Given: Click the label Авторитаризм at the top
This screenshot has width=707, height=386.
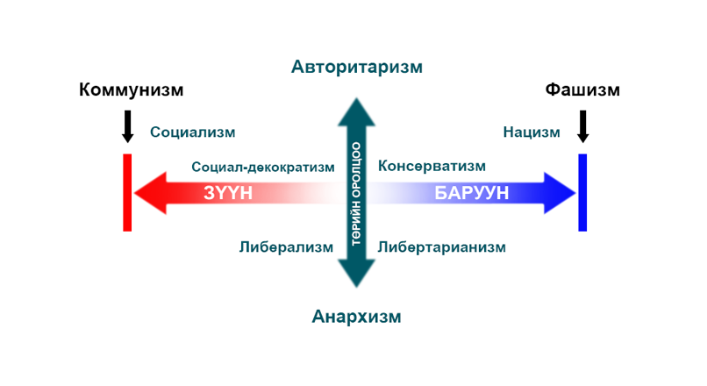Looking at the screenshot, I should (357, 67).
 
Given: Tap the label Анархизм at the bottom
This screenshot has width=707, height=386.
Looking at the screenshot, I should (356, 317).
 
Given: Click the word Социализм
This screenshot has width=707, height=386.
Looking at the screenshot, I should (193, 132).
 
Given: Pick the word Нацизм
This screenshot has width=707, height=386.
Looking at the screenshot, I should (532, 132).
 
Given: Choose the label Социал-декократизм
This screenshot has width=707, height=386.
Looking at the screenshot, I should (263, 166).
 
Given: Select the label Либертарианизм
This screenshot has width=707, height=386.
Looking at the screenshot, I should (442, 247).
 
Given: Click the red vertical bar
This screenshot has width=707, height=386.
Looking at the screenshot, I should (127, 193).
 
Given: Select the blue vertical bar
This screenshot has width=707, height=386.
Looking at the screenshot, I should (582, 193).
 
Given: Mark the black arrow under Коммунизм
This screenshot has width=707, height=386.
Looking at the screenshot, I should (127, 126).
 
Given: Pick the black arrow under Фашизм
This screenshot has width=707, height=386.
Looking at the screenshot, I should (582, 126).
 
